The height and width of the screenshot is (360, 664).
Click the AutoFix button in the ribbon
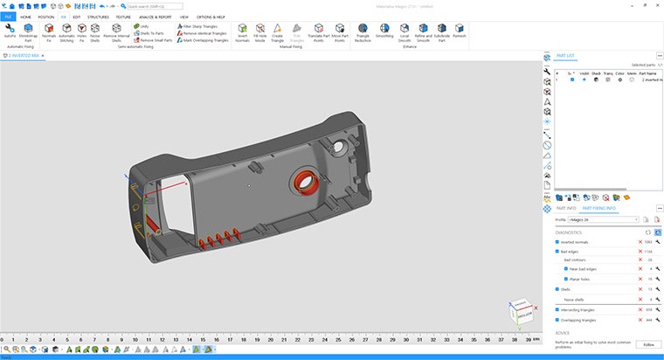tap(10, 32)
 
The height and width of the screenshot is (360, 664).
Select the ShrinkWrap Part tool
tap(28, 32)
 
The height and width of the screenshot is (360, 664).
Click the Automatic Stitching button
tap(66, 32)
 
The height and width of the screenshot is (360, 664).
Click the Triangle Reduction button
tap(363, 32)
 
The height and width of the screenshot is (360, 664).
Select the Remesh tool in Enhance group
tap(459, 32)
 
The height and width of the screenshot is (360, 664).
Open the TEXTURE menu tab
tap(123, 17)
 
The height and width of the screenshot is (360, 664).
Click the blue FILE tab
tap(8, 17)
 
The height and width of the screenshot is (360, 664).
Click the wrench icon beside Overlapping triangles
tap(657, 320)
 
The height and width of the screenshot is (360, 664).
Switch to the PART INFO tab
tap(564, 208)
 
